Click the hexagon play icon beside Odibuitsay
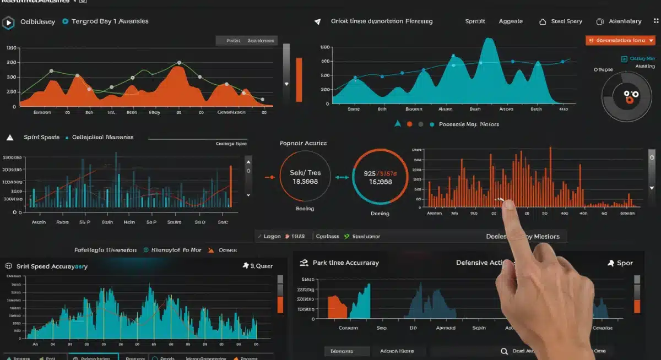point(8,23)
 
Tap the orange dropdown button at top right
point(620,40)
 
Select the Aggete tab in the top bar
point(511,21)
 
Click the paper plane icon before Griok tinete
point(317,22)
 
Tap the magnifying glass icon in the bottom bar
point(504,351)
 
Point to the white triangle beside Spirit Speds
point(9,137)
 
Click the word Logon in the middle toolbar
point(272,236)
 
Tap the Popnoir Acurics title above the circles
point(303,143)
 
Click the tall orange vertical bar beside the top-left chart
point(299,79)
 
